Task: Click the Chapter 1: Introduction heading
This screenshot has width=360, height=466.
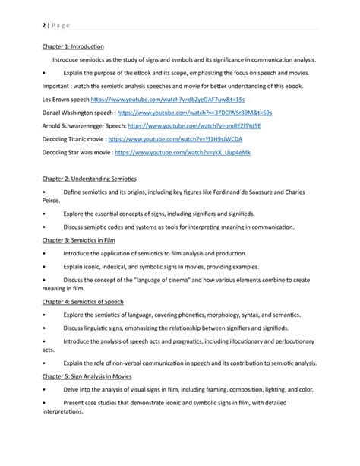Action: click(x=73, y=47)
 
